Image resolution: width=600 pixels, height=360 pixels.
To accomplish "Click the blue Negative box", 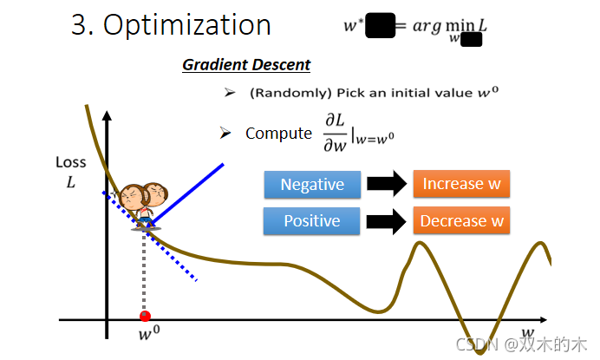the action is click(x=312, y=185).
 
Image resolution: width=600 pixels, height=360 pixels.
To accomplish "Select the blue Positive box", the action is click(x=312, y=221).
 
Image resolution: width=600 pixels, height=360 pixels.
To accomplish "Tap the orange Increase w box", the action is click(x=461, y=184).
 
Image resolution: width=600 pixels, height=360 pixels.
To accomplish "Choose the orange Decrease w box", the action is click(x=461, y=220).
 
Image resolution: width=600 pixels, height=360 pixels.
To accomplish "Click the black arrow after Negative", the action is click(x=387, y=185).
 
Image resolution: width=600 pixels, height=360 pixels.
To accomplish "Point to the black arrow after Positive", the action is click(x=387, y=221).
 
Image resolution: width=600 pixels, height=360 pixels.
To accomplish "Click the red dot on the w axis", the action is click(x=145, y=316).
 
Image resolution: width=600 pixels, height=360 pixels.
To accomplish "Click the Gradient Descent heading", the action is click(x=245, y=65).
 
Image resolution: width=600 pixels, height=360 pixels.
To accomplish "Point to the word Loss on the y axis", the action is click(x=70, y=161).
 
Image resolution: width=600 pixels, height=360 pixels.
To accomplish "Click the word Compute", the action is click(x=278, y=133).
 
